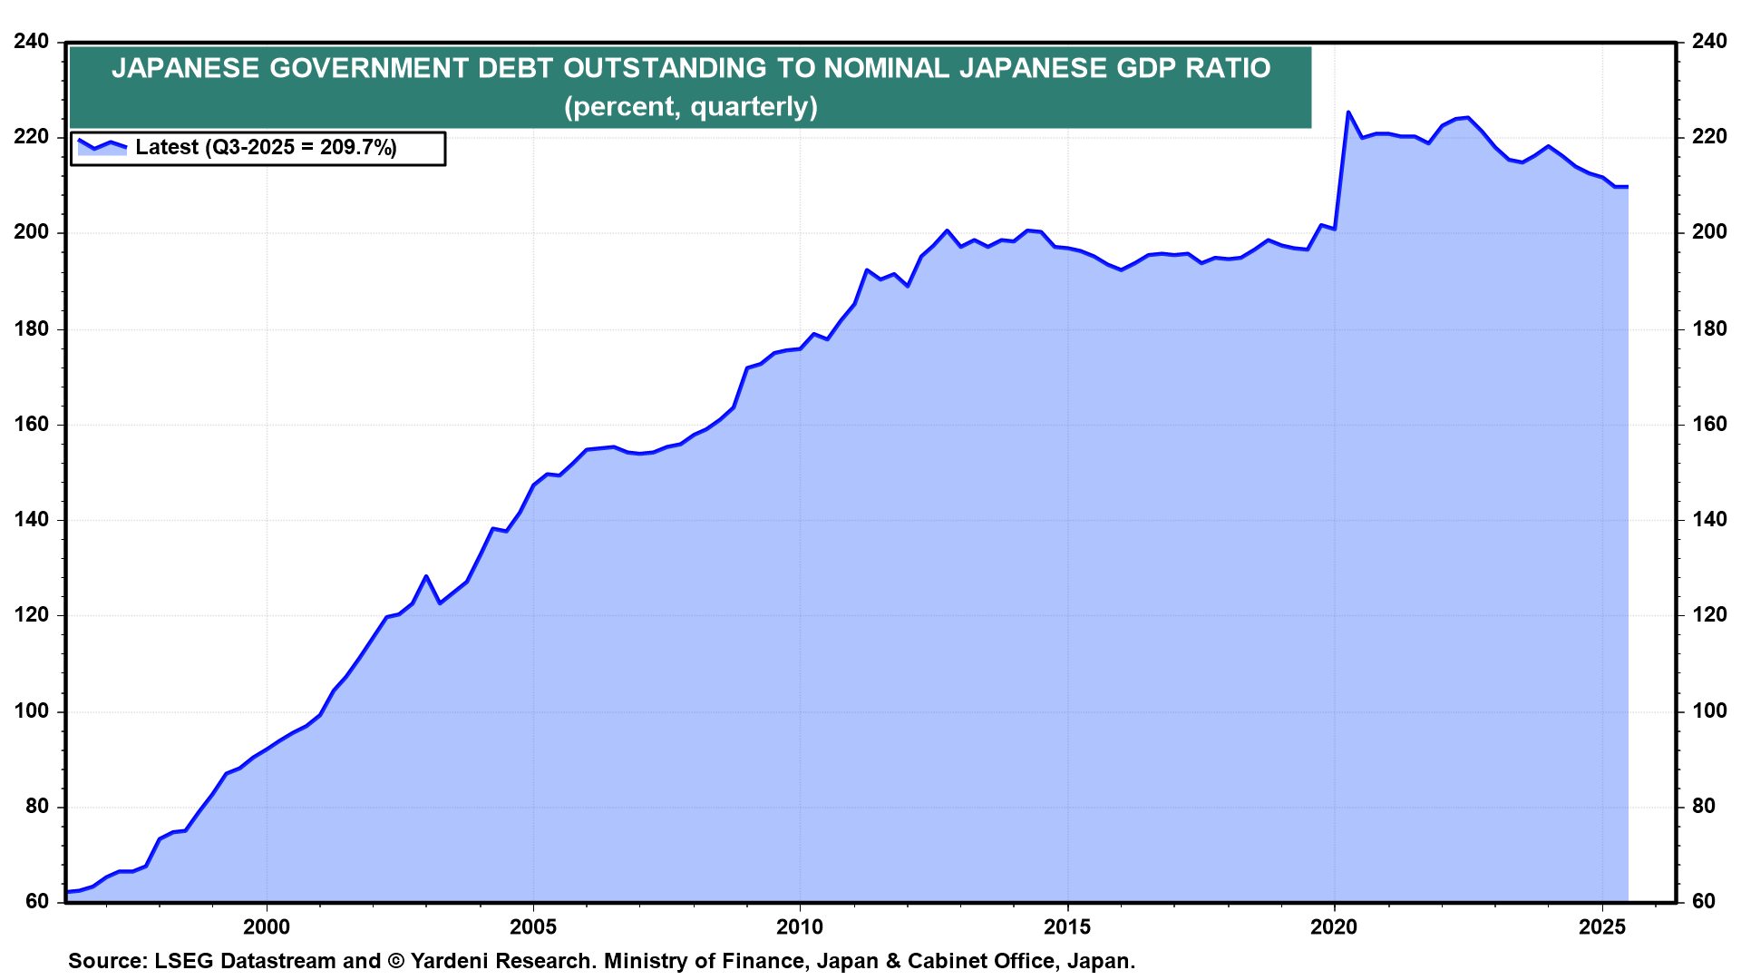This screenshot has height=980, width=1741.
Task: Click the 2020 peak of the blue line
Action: (x=1347, y=113)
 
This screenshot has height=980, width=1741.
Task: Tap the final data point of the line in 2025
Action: (x=1628, y=187)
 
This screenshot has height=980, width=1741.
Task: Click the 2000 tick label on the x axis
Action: (x=267, y=927)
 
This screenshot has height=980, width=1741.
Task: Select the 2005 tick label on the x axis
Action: (x=533, y=927)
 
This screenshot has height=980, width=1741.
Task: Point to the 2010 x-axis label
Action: (x=800, y=927)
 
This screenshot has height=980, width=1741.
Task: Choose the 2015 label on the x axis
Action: (x=1067, y=927)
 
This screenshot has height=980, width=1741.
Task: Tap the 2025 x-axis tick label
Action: (x=1601, y=927)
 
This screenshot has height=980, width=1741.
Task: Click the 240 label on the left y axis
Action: (x=32, y=42)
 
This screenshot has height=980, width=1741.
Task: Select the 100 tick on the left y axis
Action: (x=32, y=711)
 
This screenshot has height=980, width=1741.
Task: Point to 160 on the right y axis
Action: (x=1709, y=424)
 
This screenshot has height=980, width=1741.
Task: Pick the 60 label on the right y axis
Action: (x=1704, y=901)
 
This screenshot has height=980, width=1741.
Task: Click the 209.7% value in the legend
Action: (x=358, y=148)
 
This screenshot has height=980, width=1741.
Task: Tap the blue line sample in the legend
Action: (x=102, y=145)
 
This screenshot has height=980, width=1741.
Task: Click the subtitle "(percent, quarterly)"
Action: (x=691, y=107)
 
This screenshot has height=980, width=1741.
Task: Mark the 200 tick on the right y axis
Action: (x=1709, y=232)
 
